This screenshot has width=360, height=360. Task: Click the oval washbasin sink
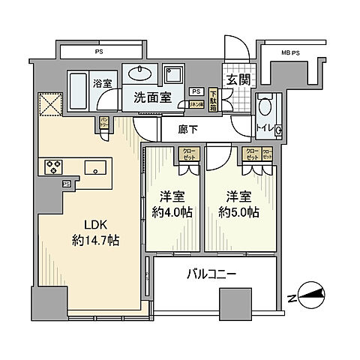139,75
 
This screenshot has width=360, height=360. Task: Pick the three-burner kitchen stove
55,166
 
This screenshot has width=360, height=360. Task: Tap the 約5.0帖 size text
239,212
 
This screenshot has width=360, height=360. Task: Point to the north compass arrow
310,294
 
